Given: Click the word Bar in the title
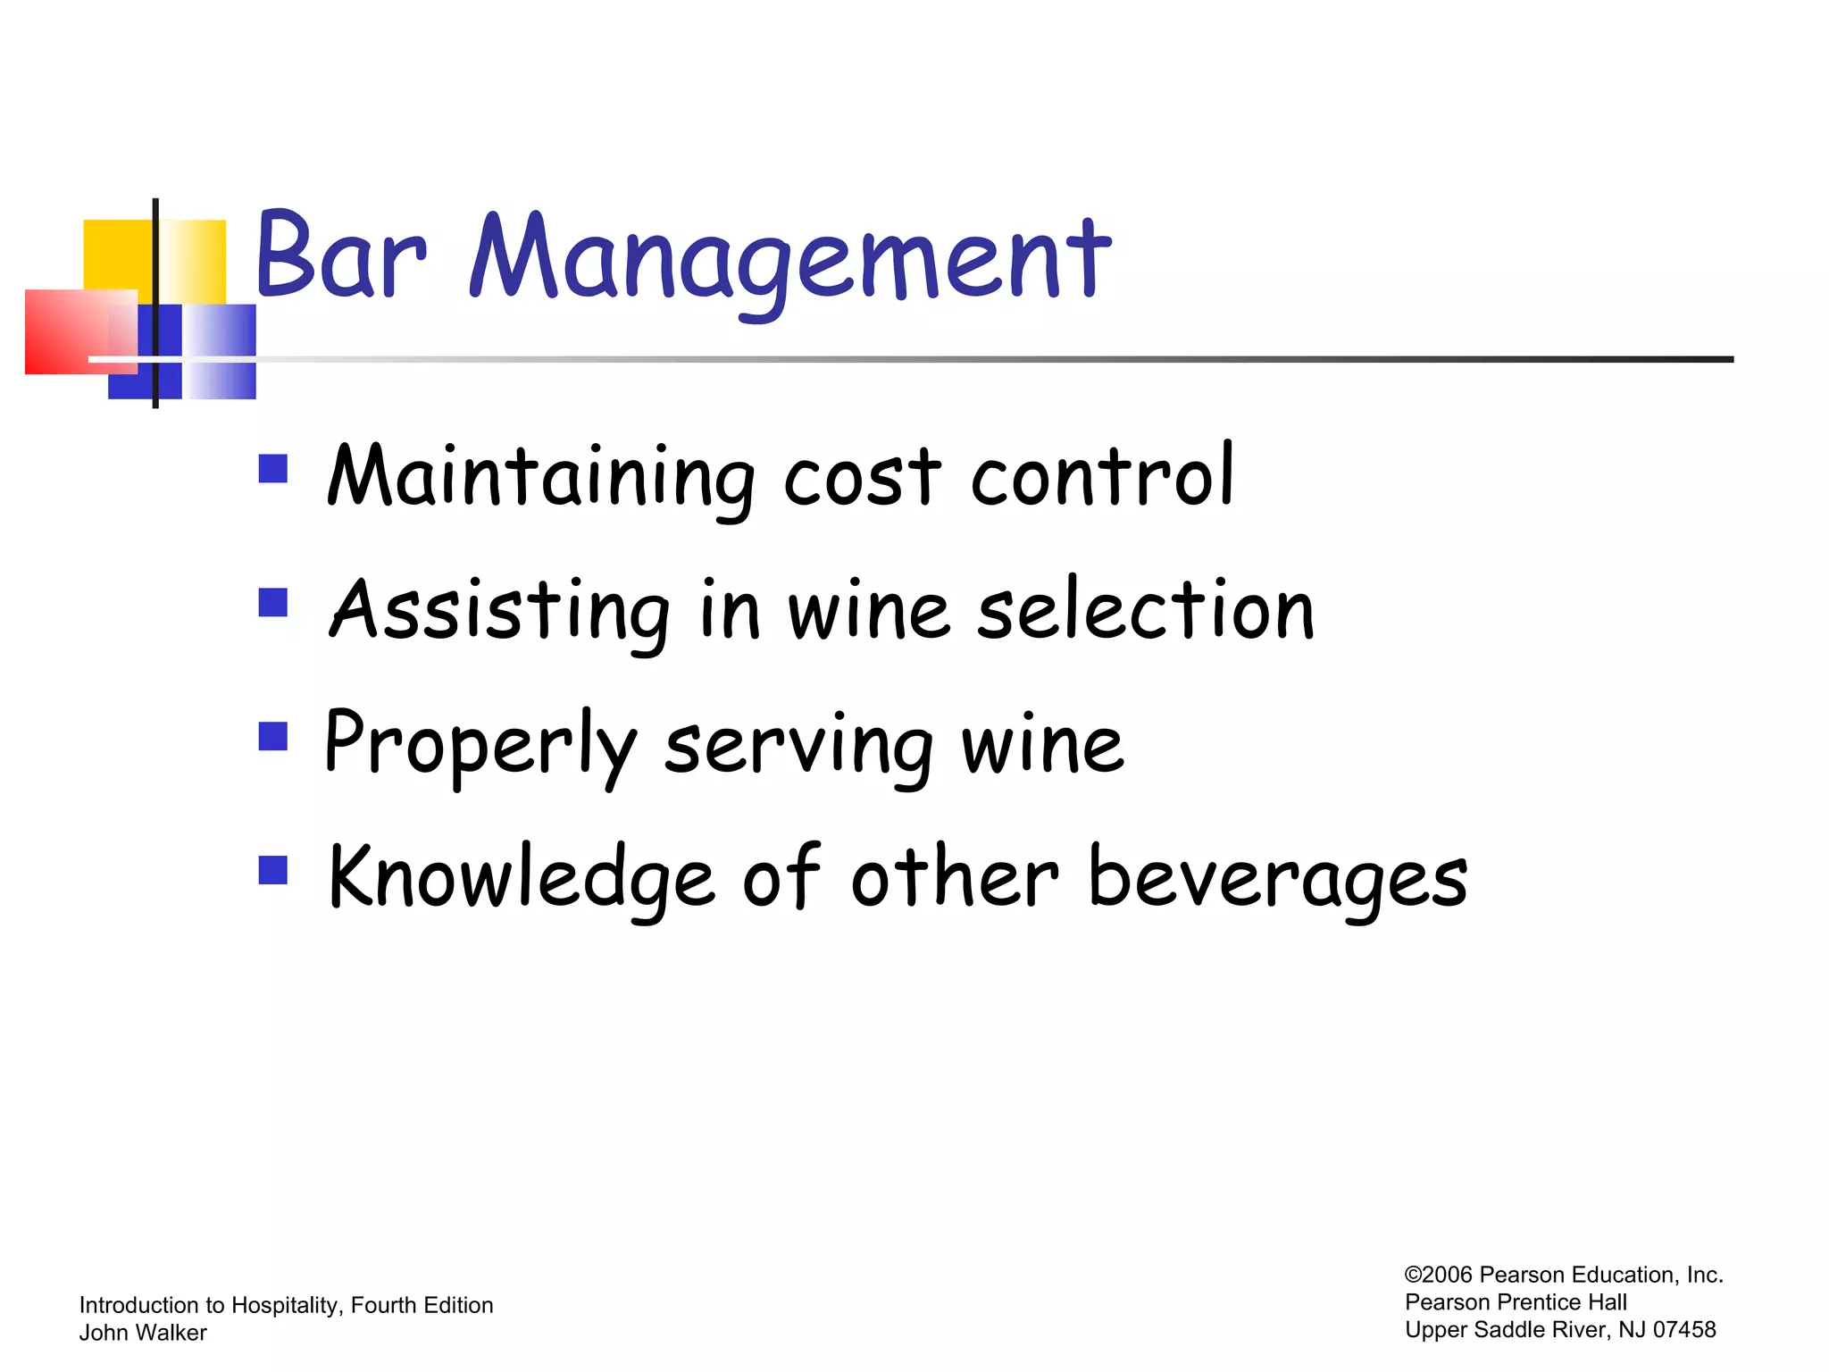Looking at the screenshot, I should click(x=340, y=256).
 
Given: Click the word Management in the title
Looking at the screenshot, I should click(x=790, y=259).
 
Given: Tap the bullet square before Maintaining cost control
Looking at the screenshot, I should click(x=272, y=469).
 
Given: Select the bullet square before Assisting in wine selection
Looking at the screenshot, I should click(x=272, y=603).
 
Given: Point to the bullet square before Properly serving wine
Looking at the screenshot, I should click(x=272, y=737).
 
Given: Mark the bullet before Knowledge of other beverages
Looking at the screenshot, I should click(x=272, y=870).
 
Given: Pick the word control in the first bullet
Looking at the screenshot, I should click(x=1102, y=476).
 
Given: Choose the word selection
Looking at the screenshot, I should click(x=1146, y=610).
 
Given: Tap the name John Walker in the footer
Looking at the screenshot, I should click(x=143, y=1333).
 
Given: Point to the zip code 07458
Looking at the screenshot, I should click(x=1684, y=1330).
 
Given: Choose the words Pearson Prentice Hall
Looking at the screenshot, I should click(x=1516, y=1302).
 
